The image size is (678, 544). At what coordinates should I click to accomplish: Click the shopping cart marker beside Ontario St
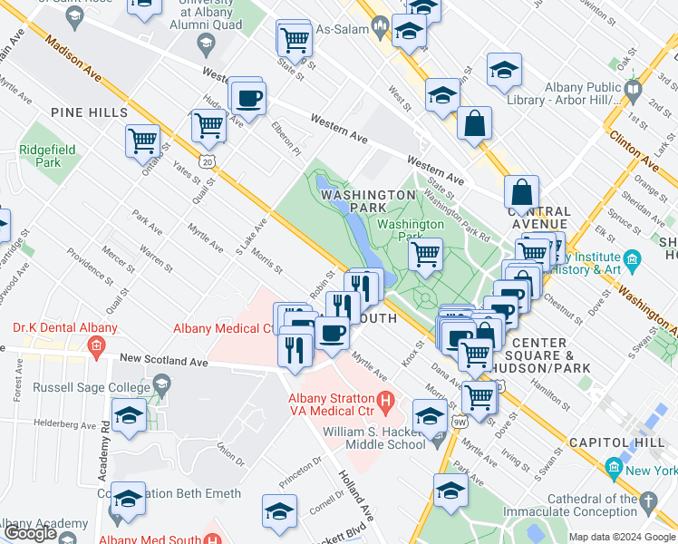click(x=143, y=141)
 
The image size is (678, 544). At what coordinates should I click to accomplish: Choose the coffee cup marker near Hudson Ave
click(x=247, y=97)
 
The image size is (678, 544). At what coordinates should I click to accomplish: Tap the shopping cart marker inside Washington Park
click(x=425, y=254)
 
